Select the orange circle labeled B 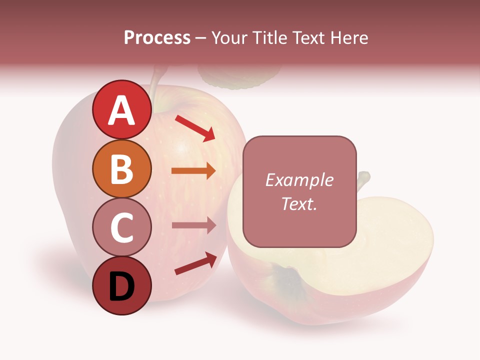coord(122,168)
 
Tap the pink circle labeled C coord(122,227)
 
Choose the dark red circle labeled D coord(122,285)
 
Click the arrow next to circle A coord(195,128)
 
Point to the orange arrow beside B coord(193,170)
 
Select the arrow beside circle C coord(193,225)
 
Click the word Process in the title coord(157,37)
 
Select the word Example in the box coord(299,180)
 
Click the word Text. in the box coord(299,203)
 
